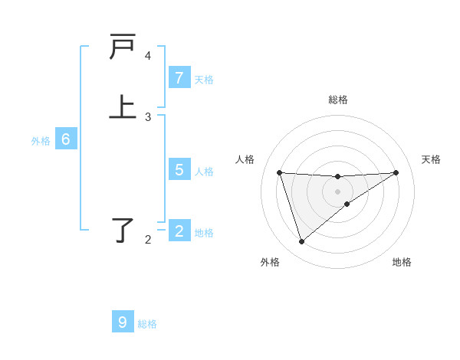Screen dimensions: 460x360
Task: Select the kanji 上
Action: click(123, 106)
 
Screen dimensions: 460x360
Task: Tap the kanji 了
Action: click(123, 229)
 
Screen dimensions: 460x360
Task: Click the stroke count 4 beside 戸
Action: click(148, 56)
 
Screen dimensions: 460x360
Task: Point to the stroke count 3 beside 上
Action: click(148, 117)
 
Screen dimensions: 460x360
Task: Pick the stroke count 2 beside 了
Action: click(148, 240)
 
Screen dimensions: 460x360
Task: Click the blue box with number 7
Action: click(179, 78)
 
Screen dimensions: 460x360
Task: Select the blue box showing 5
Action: click(179, 170)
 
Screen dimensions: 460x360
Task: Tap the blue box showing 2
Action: click(179, 231)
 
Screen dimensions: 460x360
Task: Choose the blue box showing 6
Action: click(66, 140)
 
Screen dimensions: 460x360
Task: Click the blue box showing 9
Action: click(123, 322)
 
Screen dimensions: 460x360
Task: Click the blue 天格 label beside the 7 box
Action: click(204, 80)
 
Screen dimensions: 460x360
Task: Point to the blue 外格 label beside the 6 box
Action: click(41, 141)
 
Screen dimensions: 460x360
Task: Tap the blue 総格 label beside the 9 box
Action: click(147, 324)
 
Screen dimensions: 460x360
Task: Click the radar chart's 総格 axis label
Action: click(338, 100)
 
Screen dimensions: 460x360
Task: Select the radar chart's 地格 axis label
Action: click(402, 263)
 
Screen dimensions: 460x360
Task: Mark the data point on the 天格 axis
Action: click(396, 172)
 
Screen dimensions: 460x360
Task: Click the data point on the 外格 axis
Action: click(301, 242)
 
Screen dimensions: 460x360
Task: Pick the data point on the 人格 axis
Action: click(279, 172)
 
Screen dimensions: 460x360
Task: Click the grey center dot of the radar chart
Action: click(338, 191)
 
